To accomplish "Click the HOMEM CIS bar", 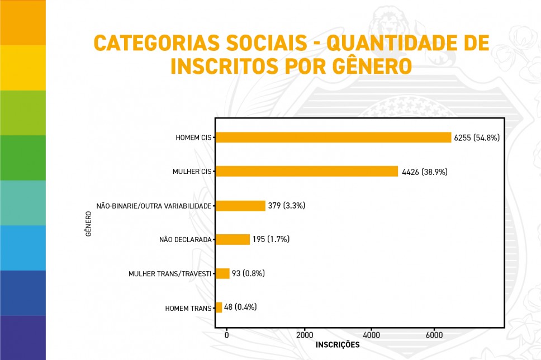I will [x=333, y=138].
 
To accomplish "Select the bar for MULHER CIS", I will [x=307, y=172].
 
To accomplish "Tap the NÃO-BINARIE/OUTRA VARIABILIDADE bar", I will [x=240, y=206].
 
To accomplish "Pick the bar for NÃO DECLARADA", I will [x=232, y=239].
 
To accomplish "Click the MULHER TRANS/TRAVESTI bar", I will [x=222, y=273].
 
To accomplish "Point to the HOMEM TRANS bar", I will [x=219, y=307].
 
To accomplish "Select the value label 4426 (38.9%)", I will [x=425, y=172].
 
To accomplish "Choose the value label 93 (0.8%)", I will [x=248, y=273].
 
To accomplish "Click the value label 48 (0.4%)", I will [x=240, y=307].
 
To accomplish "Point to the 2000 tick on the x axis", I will [x=305, y=335].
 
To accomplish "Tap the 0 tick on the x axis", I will [x=226, y=335].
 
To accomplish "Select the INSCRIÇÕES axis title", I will [x=338, y=345].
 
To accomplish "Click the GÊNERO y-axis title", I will [x=89, y=223].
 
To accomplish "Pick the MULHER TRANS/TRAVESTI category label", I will [x=170, y=274].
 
